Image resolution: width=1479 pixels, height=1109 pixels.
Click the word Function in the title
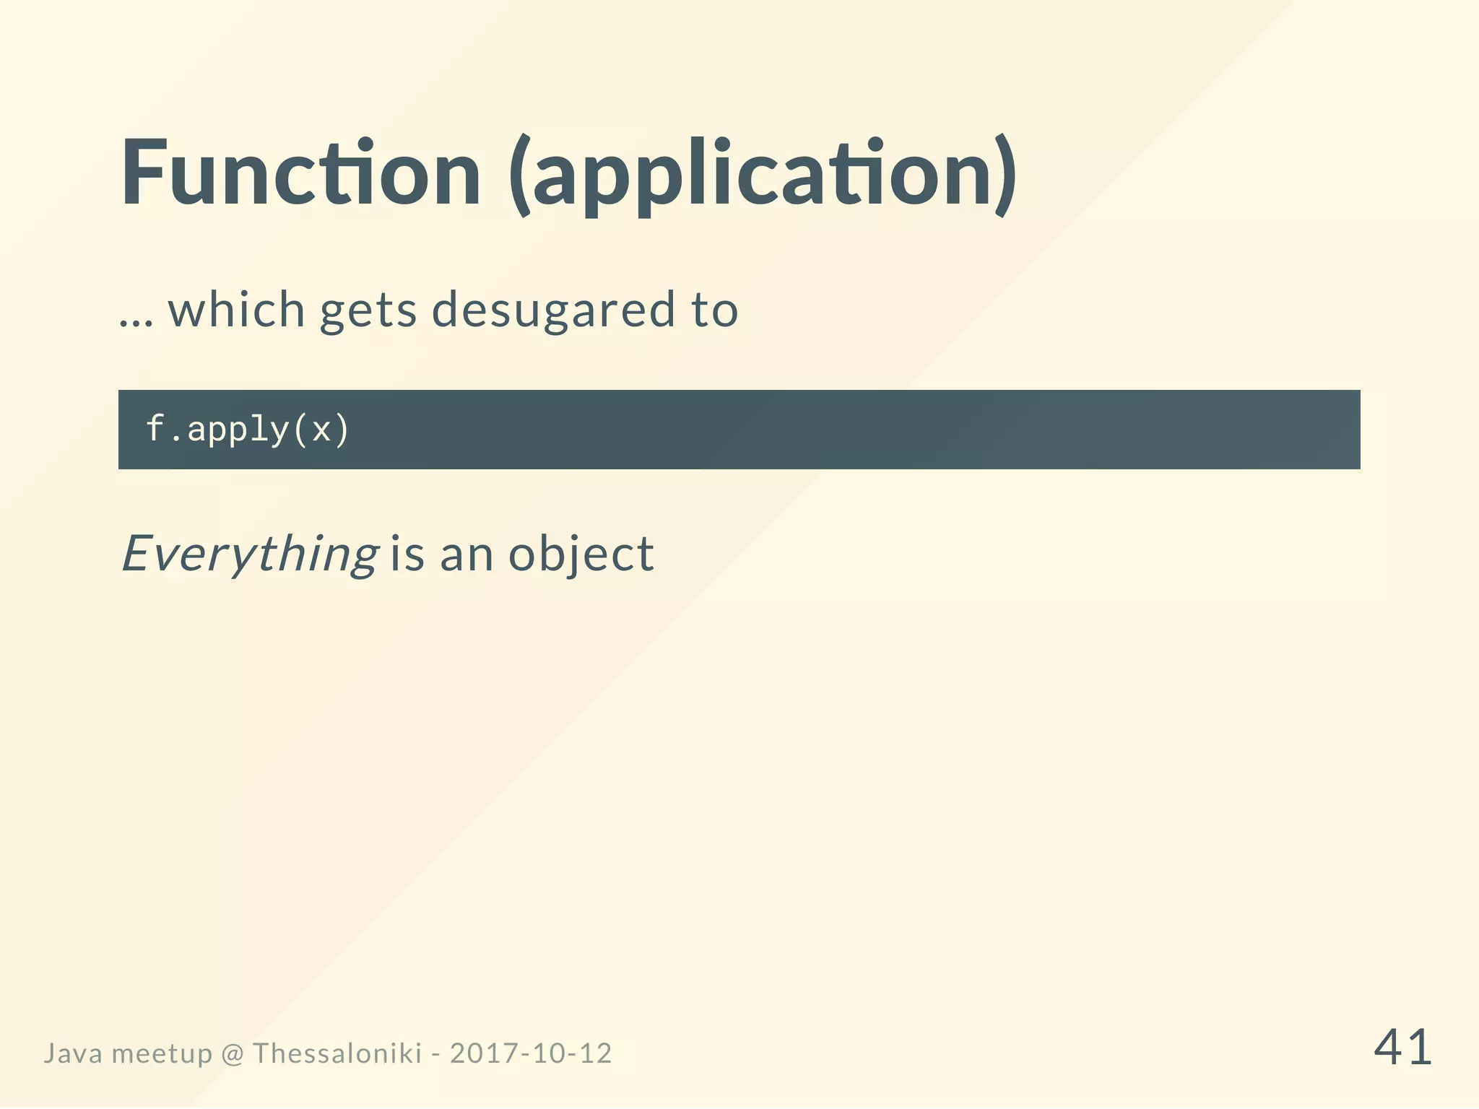300,173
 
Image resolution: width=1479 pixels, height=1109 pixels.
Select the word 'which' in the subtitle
237,309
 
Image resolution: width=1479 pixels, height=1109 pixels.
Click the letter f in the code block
155,428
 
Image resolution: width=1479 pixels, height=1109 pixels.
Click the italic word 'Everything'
250,554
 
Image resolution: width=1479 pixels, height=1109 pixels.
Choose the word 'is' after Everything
407,554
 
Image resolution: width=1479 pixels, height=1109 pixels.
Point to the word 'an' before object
467,556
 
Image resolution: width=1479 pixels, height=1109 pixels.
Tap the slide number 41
1402,1048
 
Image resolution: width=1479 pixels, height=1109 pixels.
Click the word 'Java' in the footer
73,1053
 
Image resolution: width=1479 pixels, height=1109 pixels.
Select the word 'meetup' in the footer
162,1055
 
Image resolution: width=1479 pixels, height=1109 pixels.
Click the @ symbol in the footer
233,1054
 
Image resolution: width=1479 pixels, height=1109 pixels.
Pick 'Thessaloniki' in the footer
337,1053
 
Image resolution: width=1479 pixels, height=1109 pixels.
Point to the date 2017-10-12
531,1053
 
